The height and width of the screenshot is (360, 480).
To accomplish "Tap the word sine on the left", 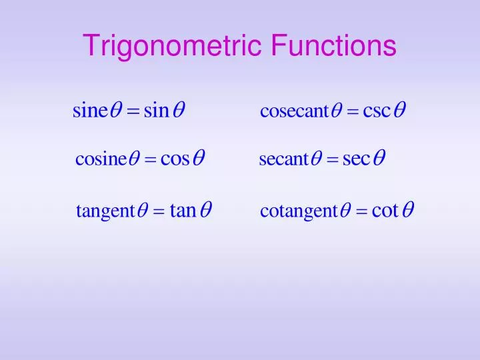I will [89, 110].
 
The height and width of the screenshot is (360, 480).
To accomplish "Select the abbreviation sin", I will [157, 110].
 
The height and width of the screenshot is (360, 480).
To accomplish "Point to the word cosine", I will [101, 160].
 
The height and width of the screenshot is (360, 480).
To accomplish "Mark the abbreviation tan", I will [183, 211].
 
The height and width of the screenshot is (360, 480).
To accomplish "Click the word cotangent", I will [299, 212].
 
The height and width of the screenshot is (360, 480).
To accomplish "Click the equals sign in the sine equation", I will [132, 111].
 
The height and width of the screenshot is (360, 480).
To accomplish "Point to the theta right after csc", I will [399, 110].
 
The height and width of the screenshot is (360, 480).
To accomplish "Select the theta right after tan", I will [206, 211].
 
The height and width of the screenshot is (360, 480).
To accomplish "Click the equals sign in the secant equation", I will [331, 161].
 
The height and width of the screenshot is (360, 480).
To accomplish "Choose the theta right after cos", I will [198, 160].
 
